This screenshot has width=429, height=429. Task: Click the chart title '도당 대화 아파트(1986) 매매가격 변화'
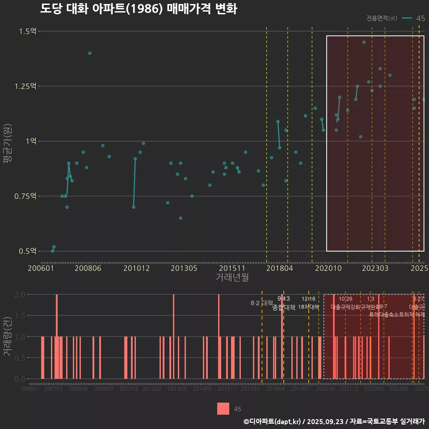(x=139, y=9)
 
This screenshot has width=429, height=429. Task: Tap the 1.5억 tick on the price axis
(x=28, y=31)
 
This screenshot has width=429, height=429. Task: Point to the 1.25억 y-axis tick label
(x=25, y=86)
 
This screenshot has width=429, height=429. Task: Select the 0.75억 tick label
(x=25, y=196)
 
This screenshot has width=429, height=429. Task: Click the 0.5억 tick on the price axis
(x=28, y=251)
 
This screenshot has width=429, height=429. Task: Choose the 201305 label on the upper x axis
(x=184, y=268)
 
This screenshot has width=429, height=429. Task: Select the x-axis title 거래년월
(x=232, y=278)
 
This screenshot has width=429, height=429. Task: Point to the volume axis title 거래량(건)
(x=7, y=336)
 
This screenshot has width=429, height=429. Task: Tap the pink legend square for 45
(x=223, y=408)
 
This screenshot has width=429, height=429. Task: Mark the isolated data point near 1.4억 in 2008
(x=90, y=53)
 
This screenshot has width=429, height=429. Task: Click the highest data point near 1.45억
(x=364, y=42)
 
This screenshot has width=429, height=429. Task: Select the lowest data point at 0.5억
(x=52, y=251)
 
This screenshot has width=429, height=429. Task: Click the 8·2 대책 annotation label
(x=261, y=303)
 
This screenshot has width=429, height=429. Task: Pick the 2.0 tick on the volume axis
(x=20, y=294)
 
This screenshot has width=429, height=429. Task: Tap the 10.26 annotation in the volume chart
(x=345, y=299)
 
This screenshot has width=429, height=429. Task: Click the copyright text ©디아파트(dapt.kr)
(x=273, y=421)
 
